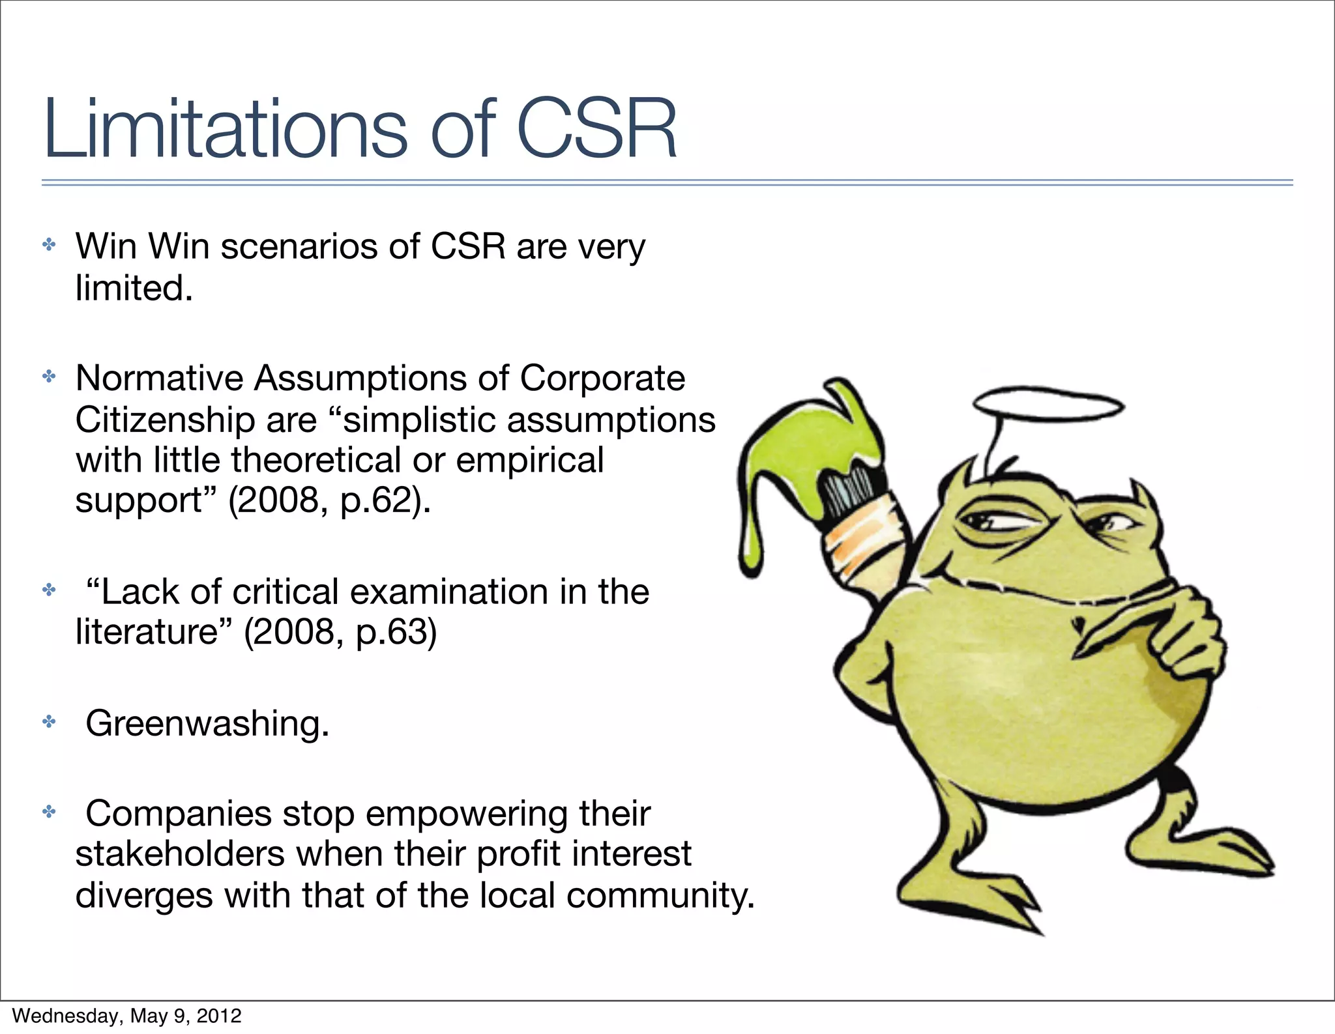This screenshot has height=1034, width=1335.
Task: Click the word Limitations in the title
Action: tap(226, 129)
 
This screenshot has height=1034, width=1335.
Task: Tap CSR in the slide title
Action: tap(596, 129)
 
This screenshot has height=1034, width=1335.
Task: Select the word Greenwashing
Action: tap(207, 723)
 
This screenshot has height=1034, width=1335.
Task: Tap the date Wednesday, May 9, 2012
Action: tap(127, 1015)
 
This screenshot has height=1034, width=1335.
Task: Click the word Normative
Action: tap(159, 378)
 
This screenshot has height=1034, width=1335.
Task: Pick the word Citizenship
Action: tap(164, 420)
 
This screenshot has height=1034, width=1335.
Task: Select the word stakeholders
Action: tap(180, 854)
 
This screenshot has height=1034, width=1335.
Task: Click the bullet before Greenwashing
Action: tap(49, 722)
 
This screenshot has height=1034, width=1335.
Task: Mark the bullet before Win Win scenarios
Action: tap(49, 245)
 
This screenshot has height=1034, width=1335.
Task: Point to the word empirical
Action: tap(529, 461)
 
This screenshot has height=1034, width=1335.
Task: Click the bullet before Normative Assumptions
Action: tap(49, 377)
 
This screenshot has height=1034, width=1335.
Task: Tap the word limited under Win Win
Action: tap(134, 288)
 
